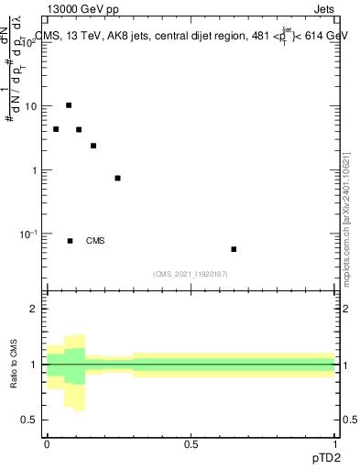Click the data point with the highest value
(x=69, y=105)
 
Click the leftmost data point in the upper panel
(x=56, y=129)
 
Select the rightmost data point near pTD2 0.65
(x=234, y=249)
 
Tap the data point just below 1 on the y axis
(x=117, y=178)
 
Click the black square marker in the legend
(x=70, y=241)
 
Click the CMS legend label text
(x=95, y=241)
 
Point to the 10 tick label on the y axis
(x=31, y=106)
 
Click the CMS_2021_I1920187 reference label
(x=191, y=274)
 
